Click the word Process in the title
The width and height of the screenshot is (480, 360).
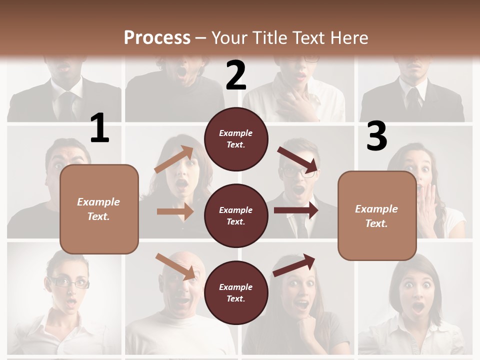pos(157,38)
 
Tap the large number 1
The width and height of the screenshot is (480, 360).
pos(99,128)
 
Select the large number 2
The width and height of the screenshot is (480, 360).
pos(236,75)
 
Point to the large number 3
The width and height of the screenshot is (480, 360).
pos(376,136)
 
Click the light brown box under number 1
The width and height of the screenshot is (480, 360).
pos(99,209)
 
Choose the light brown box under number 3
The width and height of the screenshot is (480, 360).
pos(377,216)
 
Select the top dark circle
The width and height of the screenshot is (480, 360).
pos(236,139)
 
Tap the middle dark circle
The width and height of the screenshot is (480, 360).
pos(236,216)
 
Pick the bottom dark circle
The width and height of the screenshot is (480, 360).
pos(236,293)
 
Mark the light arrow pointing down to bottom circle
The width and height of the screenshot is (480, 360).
pos(175,266)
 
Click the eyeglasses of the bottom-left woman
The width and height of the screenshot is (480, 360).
pos(68,283)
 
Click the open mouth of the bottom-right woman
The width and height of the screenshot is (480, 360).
pos(418,306)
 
